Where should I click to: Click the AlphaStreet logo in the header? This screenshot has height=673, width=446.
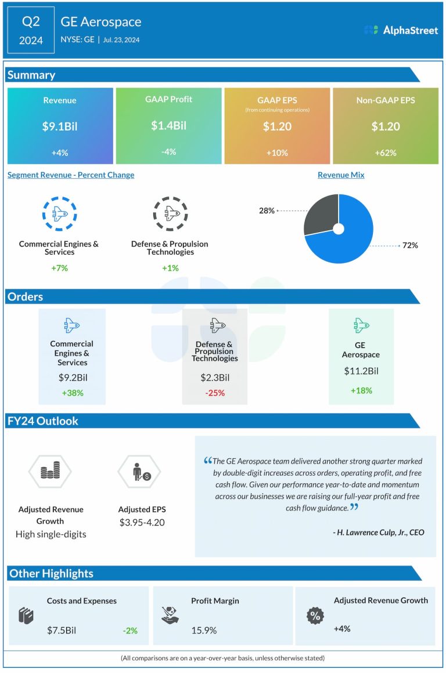[x=401, y=30]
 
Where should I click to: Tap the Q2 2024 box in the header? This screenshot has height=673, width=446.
[x=31, y=30]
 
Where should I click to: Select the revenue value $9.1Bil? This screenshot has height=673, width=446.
[x=60, y=126]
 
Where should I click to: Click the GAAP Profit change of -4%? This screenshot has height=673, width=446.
[x=168, y=151]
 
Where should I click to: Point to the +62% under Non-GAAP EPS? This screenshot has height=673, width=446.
[x=386, y=153]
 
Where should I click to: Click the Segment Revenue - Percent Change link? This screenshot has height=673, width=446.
[x=71, y=175]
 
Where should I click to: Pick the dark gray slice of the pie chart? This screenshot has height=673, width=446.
[x=321, y=215]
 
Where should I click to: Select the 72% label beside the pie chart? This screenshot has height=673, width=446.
[x=410, y=245]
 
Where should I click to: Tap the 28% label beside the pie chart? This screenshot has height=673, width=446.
[x=267, y=211]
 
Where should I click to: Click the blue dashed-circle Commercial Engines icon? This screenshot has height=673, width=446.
[x=59, y=214]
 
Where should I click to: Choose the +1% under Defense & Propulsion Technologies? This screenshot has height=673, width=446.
[x=170, y=268]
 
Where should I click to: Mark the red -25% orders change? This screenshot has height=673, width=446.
[x=214, y=393]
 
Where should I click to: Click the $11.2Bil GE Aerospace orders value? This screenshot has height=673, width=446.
[x=361, y=371]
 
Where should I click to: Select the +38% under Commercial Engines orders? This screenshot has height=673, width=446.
[x=72, y=393]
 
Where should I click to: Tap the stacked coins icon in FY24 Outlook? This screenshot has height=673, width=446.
[x=51, y=472]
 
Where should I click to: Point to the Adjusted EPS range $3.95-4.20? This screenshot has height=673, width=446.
[x=142, y=522]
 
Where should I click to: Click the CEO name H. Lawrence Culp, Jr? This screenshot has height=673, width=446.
[x=380, y=532]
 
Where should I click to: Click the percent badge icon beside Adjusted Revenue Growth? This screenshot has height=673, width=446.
[x=315, y=616]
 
